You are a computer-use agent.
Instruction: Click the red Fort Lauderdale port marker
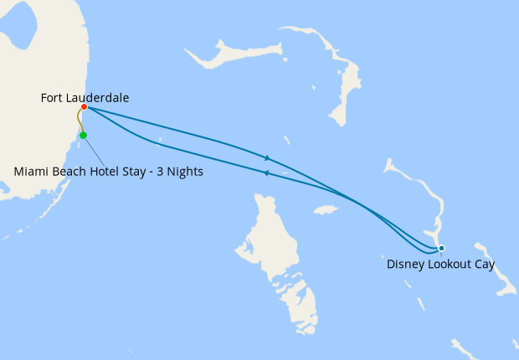[x=85, y=107]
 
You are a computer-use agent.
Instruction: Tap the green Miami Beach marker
[x=83, y=135]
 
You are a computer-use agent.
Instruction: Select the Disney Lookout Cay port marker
[x=441, y=248]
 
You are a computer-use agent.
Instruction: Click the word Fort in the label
[x=53, y=98]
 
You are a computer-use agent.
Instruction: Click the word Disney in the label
[x=405, y=265]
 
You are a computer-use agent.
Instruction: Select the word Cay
[x=485, y=265]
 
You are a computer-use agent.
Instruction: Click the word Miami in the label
[x=31, y=172]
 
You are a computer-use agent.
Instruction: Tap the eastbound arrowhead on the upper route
[x=267, y=158]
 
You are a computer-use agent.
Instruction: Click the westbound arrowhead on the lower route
[x=265, y=173]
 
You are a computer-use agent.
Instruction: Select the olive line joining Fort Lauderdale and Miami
[x=80, y=121]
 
